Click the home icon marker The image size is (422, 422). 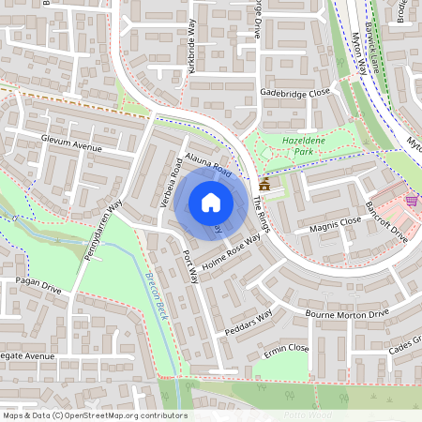pos(211,202)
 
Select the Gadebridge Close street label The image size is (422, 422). pos(295,94)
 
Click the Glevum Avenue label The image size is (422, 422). pos(70,147)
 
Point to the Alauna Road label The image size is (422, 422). pos(207,168)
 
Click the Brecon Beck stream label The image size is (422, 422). pos(156,293)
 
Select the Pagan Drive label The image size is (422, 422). pos(38,291)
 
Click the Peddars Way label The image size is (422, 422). pos(249,322)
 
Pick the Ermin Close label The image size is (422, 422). pos(286,348)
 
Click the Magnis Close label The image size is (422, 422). pos(328,224)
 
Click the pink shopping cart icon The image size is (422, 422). pos(411,200)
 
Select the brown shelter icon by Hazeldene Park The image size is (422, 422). pos(264,186)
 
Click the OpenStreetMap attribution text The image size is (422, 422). pos(95,415)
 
